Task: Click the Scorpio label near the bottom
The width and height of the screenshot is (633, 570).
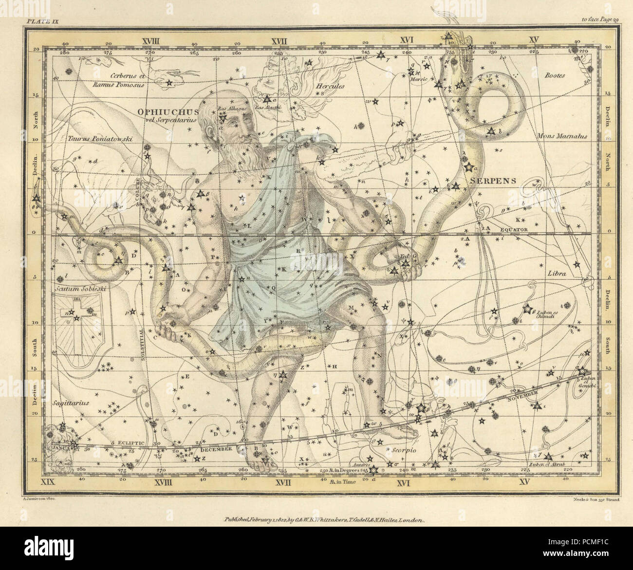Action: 404,450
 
